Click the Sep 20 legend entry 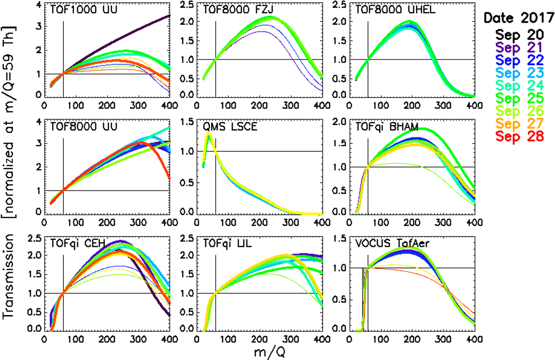click(519, 35)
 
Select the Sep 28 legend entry click(519, 136)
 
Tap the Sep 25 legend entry click(519, 98)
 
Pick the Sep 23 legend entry click(519, 73)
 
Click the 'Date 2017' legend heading click(519, 18)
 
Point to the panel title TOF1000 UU click(84, 9)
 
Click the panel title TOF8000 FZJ click(238, 9)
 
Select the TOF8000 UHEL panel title click(395, 9)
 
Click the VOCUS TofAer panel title click(392, 243)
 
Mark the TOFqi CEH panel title click(78, 243)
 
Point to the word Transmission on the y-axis click(8, 276)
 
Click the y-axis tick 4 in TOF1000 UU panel click(39, 5)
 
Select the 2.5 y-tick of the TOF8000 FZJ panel click(187, 5)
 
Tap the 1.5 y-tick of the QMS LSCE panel click(187, 122)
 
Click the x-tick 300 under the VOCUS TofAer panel click(443, 339)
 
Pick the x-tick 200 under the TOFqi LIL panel click(259, 339)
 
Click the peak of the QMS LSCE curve click(209, 133)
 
